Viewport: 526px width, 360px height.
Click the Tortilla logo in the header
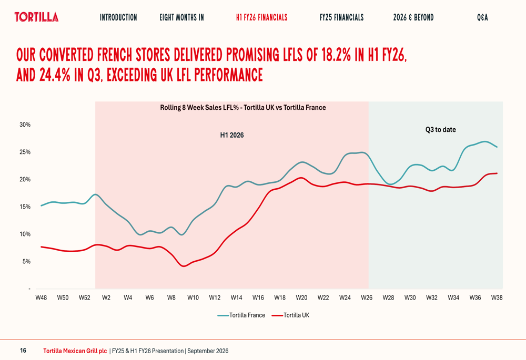[36, 17]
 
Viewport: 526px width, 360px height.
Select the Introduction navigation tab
[118, 17]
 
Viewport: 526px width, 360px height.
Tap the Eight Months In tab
[182, 17]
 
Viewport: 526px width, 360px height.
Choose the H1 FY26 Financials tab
[261, 17]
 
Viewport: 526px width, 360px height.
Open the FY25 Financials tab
[341, 17]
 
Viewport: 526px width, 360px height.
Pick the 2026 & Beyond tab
[413, 17]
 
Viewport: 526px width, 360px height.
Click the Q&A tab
[482, 17]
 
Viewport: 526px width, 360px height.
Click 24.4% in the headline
[55, 75]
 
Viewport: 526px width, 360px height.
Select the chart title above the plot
[243, 108]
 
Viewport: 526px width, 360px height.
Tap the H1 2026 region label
[232, 135]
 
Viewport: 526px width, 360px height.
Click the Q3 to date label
[440, 130]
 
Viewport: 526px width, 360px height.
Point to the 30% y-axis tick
[25, 125]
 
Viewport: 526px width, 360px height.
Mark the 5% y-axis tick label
[26, 261]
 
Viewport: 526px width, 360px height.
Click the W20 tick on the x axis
[301, 297]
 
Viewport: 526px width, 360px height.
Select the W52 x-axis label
[84, 297]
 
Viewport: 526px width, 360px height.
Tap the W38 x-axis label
[497, 297]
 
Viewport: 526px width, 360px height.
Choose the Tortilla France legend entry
[241, 315]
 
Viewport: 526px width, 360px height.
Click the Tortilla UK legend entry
[290, 315]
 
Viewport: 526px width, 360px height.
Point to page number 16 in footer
[23, 351]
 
